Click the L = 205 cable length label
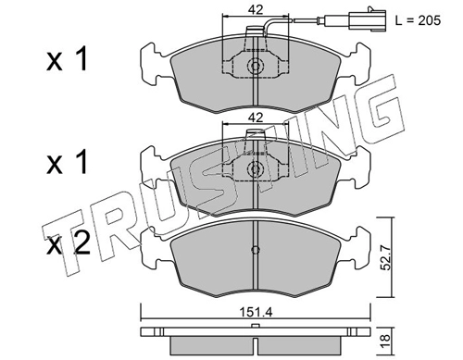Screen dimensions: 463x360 coord(419,20)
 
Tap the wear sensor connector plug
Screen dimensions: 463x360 coord(367,20)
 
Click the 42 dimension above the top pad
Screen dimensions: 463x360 coord(256,10)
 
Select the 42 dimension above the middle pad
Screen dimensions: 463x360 coord(256,118)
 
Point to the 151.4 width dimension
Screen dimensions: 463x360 coord(257,313)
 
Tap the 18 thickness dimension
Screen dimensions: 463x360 coord(386,342)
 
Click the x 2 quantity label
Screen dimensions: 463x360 coord(68,245)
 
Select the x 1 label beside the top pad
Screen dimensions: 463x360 coord(68,60)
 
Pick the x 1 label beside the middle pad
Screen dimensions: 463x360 coord(68,163)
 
